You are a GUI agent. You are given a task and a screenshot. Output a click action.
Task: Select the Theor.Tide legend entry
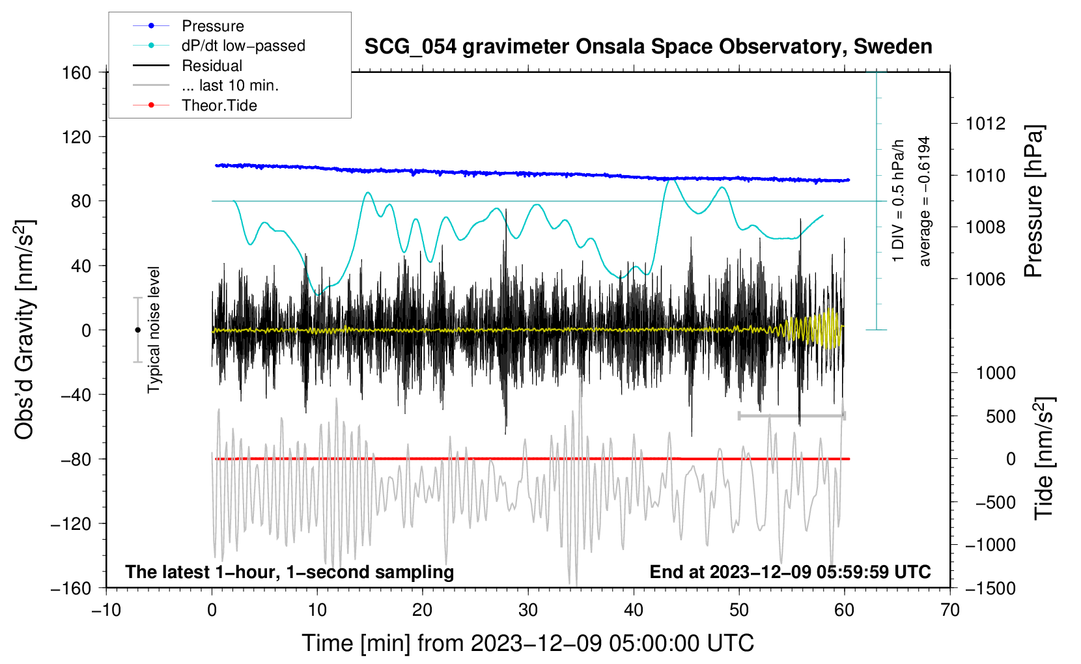pyautogui.click(x=219, y=105)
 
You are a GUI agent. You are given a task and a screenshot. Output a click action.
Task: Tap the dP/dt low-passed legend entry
pyautogui.click(x=243, y=46)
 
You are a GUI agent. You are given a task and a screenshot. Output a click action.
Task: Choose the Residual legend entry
pyautogui.click(x=212, y=66)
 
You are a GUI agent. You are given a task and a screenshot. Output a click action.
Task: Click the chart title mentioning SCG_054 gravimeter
pyautogui.click(x=648, y=47)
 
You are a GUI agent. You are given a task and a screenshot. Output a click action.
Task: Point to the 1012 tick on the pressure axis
pyautogui.click(x=985, y=124)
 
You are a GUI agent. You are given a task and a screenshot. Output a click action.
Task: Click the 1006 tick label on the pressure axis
pyautogui.click(x=985, y=279)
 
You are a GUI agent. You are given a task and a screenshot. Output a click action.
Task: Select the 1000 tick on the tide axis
pyautogui.click(x=995, y=373)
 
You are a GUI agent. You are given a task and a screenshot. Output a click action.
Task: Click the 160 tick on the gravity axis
pyautogui.click(x=77, y=72)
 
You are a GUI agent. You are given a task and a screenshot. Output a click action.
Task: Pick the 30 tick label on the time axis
pyautogui.click(x=528, y=610)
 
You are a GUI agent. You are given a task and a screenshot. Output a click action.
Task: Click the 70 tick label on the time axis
pyautogui.click(x=950, y=610)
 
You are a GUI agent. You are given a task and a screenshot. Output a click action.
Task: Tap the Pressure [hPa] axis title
pyautogui.click(x=1034, y=202)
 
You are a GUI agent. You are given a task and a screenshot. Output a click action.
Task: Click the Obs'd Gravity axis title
pyautogui.click(x=24, y=330)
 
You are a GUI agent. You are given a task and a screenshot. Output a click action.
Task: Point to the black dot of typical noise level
pyautogui.click(x=137, y=330)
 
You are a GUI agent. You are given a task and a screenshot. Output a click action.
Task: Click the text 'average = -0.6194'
pyautogui.click(x=925, y=202)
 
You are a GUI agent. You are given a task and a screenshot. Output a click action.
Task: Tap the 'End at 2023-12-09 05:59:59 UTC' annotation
pyautogui.click(x=790, y=572)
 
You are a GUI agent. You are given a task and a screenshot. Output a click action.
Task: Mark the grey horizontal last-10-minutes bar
pyautogui.click(x=791, y=415)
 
